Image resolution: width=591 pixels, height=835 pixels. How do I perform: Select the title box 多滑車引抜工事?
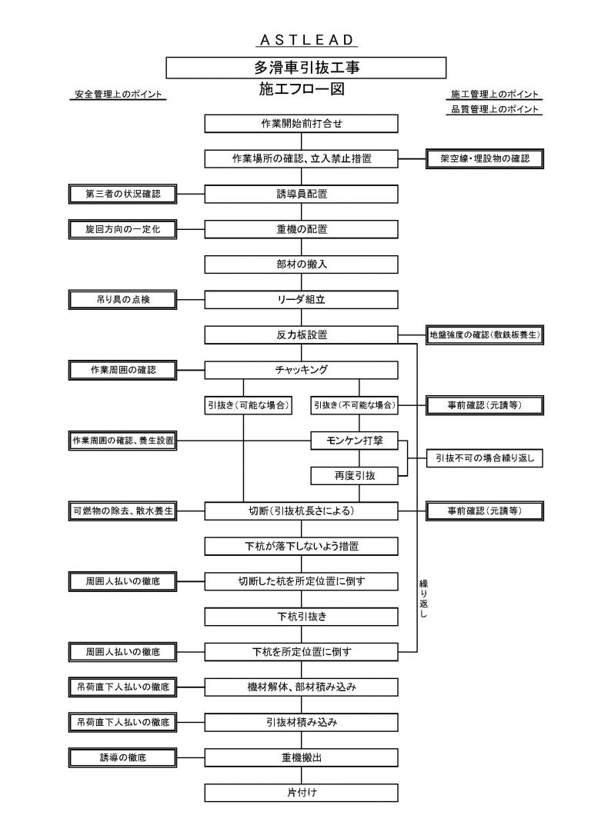[x=306, y=68]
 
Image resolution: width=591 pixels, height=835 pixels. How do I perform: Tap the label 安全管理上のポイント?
[x=119, y=95]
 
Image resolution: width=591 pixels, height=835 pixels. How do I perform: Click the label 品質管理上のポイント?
[x=495, y=110]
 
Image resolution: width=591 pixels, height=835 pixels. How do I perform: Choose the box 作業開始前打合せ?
[x=302, y=124]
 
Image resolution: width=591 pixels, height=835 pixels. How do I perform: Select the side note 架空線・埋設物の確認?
[x=485, y=158]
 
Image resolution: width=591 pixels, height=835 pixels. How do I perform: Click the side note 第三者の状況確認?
[x=123, y=194]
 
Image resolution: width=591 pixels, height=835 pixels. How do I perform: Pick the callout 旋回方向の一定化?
[x=123, y=229]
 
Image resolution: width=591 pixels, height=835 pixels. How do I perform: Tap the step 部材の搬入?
[x=302, y=264]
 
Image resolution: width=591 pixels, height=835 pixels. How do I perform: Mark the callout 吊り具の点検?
[x=123, y=299]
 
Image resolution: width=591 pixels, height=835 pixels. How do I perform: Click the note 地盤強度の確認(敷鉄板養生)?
[x=485, y=335]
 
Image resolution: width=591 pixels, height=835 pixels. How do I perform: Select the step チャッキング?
[x=302, y=370]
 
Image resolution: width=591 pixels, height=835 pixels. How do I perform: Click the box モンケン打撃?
[x=359, y=441]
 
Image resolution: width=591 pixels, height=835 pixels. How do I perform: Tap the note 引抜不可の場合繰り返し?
[x=485, y=458]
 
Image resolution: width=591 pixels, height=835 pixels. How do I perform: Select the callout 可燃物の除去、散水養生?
[x=123, y=511]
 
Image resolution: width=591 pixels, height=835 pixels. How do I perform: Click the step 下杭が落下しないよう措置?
[x=302, y=547]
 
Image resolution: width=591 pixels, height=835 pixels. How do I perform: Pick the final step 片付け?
[x=302, y=793]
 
